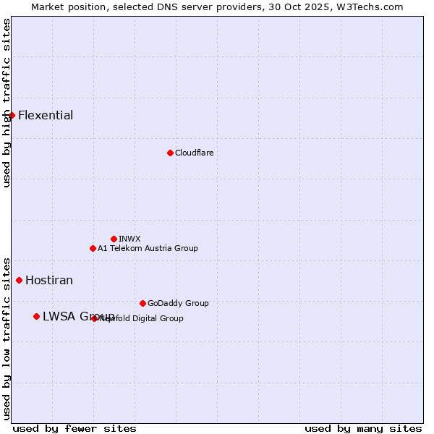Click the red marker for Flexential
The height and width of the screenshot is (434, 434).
[x=12, y=115]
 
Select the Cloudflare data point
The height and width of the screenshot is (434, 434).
[x=170, y=153]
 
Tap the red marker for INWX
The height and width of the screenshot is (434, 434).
[x=114, y=239]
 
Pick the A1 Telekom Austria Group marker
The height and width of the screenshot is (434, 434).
[x=93, y=248]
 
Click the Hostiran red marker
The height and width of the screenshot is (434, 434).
[x=19, y=280]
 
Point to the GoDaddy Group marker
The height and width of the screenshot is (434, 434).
[x=142, y=303]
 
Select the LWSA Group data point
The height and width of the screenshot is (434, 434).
[x=36, y=316]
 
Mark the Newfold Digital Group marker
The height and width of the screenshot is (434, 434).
[x=95, y=318]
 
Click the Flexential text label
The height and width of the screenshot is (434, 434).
[x=46, y=115]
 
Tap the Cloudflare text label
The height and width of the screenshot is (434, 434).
[x=194, y=153]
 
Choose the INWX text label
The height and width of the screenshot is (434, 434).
[x=129, y=239]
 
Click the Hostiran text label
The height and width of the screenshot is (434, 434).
[x=49, y=280]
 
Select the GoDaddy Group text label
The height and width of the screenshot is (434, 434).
[x=178, y=303]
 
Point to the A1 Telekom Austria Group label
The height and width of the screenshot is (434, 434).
[x=148, y=248]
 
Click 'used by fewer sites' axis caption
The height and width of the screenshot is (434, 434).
[x=75, y=428]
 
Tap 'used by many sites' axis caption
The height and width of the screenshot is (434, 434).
[x=363, y=428]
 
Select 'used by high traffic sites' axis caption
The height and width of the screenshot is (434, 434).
[x=7, y=103]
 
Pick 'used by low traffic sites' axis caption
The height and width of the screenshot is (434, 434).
[x=7, y=338]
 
